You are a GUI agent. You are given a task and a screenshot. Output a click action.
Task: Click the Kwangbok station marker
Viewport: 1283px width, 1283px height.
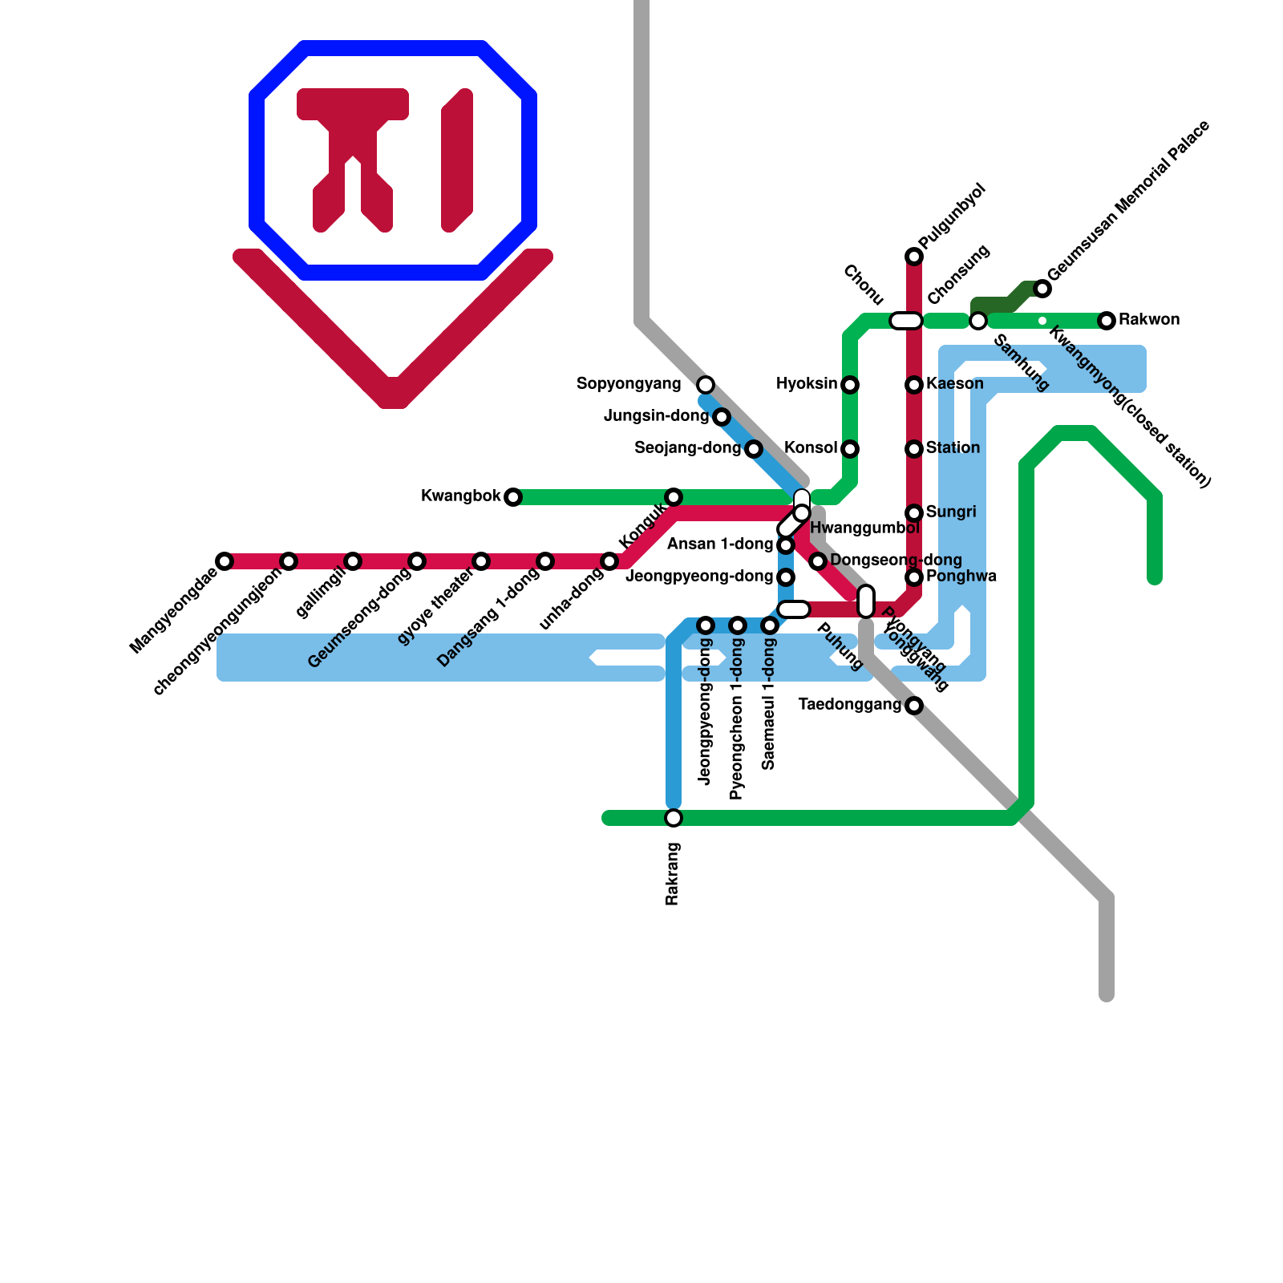(513, 497)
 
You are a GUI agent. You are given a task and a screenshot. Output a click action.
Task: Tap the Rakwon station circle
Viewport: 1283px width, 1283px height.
(1107, 321)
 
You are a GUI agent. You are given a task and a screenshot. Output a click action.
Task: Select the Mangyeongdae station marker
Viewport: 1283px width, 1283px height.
(225, 561)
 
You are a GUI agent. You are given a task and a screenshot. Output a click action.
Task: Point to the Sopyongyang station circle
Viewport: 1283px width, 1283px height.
(706, 385)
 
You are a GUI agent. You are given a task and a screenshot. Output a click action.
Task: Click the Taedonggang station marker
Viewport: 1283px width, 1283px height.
(914, 706)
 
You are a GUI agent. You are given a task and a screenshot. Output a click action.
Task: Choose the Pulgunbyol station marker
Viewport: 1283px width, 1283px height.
(914, 257)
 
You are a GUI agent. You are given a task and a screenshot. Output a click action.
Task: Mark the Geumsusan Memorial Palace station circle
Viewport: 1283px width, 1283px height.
(1042, 289)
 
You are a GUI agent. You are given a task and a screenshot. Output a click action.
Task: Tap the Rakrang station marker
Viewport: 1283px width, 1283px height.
(674, 818)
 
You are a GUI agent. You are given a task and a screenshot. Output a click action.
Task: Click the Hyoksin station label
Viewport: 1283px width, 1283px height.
(806, 384)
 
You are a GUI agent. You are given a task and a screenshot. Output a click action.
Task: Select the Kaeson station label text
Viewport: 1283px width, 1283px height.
(954, 384)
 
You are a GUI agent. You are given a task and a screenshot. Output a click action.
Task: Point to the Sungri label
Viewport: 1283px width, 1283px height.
(951, 512)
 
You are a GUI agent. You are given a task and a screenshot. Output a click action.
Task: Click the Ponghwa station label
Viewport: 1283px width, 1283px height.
(961, 577)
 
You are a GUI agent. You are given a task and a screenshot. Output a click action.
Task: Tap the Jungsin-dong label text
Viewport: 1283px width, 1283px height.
(656, 416)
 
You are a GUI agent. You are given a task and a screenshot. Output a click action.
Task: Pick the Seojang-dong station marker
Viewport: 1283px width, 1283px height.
(754, 449)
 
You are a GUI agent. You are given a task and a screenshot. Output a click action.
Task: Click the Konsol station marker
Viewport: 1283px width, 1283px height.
(850, 449)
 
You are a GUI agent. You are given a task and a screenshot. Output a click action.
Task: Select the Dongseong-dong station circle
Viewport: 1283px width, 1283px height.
(818, 561)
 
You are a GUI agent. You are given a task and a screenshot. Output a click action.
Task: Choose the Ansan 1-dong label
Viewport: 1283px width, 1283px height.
(719, 544)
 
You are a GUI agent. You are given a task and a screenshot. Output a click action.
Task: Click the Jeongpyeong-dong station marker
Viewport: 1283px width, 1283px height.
(786, 577)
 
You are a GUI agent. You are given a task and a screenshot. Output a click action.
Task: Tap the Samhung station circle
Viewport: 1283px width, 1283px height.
(978, 321)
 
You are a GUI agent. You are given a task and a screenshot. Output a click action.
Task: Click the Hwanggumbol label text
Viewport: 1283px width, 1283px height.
(864, 528)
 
